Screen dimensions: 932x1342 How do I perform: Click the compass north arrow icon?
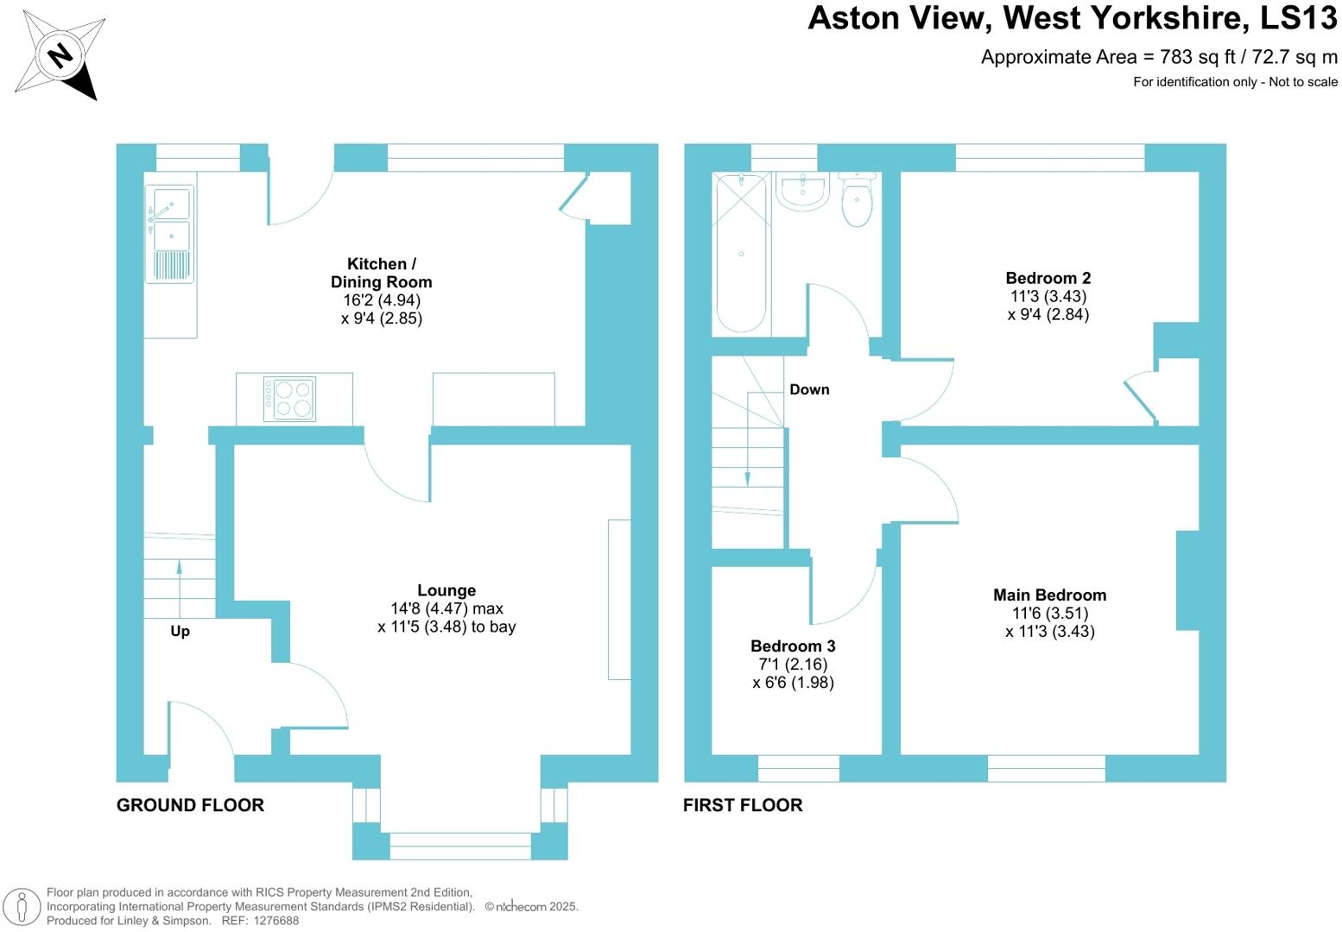pos(60,57)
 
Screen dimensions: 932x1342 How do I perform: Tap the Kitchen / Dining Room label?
pos(381,273)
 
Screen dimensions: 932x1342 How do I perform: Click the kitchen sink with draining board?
pos(170,233)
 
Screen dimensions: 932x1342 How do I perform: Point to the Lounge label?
pos(446,590)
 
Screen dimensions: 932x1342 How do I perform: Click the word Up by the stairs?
pos(180,631)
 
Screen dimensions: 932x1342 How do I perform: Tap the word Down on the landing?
pos(809,389)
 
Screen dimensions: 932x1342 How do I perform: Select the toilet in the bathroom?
pos(857,199)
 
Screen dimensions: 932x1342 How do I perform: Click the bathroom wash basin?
pos(802,191)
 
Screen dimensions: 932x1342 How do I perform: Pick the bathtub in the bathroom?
pos(741,252)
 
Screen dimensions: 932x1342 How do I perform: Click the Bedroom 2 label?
pos(1048,278)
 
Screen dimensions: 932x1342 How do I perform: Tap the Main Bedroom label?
pos(1049,595)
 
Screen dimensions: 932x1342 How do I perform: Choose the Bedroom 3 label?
pos(793,645)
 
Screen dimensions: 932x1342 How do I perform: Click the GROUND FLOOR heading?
pos(190,805)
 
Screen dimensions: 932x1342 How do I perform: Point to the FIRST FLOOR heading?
pos(743,805)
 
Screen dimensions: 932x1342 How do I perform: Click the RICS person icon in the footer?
pos(22,907)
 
